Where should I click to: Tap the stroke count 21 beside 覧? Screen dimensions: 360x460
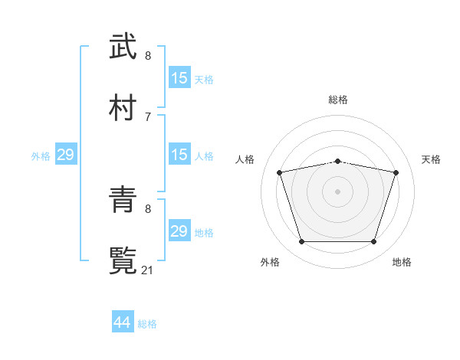[148, 270]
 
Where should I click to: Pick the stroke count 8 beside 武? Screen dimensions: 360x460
[147, 56]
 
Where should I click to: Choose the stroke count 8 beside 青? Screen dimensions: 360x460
[147, 208]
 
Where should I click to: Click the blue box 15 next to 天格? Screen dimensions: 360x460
[179, 77]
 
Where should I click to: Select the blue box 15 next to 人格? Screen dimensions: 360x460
[179, 155]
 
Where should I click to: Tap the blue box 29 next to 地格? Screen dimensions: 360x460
[179, 231]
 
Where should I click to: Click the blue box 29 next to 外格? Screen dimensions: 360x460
[65, 155]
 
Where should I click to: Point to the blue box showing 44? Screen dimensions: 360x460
[122, 322]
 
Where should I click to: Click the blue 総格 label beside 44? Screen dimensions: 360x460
[147, 324]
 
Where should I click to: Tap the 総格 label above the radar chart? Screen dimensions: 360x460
[338, 100]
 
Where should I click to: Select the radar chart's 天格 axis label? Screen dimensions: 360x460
[432, 159]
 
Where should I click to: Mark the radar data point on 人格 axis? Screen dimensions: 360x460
[280, 172]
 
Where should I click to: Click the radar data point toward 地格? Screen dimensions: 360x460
[373, 241]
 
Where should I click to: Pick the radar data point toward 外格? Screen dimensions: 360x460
[301, 241]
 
